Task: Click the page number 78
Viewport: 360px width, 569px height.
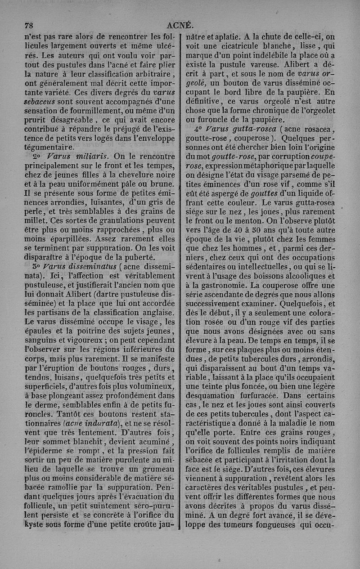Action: tap(30, 25)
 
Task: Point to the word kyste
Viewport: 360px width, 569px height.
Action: tap(35, 524)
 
